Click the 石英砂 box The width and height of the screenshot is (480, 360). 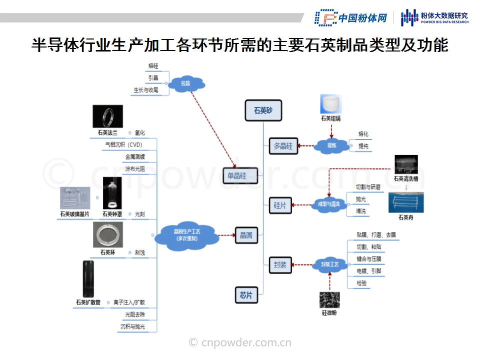coord(263,110)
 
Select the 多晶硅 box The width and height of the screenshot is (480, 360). coord(283,146)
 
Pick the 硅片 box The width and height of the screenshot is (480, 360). coord(280,205)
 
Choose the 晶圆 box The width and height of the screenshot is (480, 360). coord(246,234)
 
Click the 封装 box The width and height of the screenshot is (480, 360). coord(280,265)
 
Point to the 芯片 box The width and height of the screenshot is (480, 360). coord(246,295)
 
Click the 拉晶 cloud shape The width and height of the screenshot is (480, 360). coord(186,83)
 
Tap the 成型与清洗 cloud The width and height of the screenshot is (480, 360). coord(328,204)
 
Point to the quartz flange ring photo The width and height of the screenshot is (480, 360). coord(108,116)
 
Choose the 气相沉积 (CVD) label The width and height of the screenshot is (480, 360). coord(123,145)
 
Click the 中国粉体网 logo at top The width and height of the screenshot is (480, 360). coord(351,18)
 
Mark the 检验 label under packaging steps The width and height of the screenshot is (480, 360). coord(361,283)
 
